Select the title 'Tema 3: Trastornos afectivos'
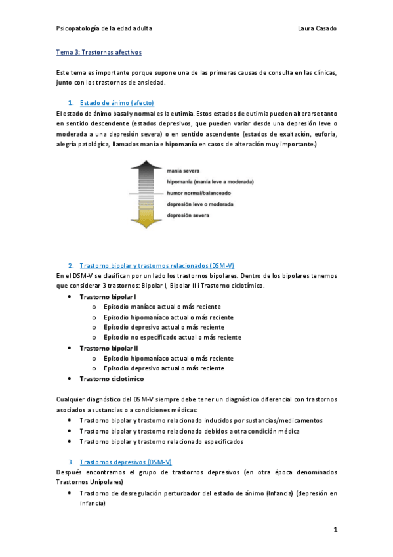coord(98,51)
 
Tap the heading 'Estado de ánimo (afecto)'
coord(117,103)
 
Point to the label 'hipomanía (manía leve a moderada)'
coord(210,181)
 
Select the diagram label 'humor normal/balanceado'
coord(199,193)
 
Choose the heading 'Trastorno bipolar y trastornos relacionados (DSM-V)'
coord(157,266)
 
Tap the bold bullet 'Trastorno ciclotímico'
coord(112,378)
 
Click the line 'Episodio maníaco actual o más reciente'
coord(162,307)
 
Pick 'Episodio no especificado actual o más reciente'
coord(173,337)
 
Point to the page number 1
coord(335,530)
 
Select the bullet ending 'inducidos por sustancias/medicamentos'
coord(201,420)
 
